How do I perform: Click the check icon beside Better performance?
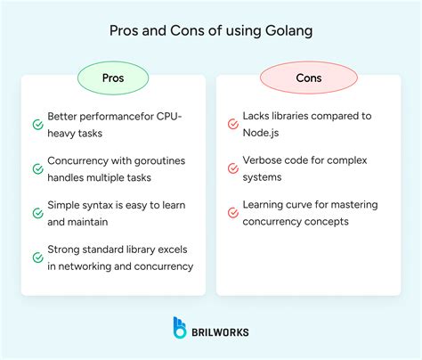tap(37, 125)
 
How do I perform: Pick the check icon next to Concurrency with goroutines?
tap(37, 168)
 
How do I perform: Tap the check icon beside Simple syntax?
tap(37, 214)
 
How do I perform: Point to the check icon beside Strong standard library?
tap(37, 258)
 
